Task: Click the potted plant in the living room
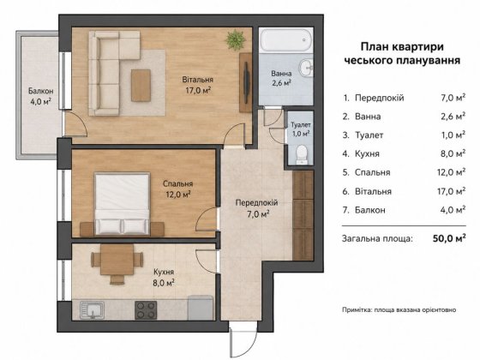pyautogui.click(x=236, y=39)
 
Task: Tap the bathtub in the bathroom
pyautogui.click(x=286, y=40)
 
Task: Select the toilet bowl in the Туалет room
pyautogui.click(x=302, y=154)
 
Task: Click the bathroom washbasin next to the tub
pyautogui.click(x=306, y=68)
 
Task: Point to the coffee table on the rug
pyautogui.click(x=141, y=86)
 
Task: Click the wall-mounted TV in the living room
pyautogui.click(x=247, y=82)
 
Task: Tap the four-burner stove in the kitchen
pyautogui.click(x=146, y=309)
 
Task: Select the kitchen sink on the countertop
pyautogui.click(x=92, y=309)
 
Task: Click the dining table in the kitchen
pyautogui.click(x=117, y=260)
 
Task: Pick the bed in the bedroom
pyautogui.click(x=122, y=204)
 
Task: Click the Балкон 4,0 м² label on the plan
pyautogui.click(x=40, y=96)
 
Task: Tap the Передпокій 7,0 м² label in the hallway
pyautogui.click(x=256, y=207)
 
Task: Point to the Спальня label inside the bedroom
pyautogui.click(x=178, y=183)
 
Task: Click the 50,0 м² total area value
pyautogui.click(x=449, y=238)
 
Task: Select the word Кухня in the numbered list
pyautogui.click(x=367, y=153)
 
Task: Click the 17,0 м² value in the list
pyautogui.click(x=451, y=191)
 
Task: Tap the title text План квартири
pyautogui.click(x=402, y=47)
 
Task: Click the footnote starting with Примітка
pyautogui.click(x=399, y=309)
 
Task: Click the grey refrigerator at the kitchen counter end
pyautogui.click(x=201, y=308)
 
